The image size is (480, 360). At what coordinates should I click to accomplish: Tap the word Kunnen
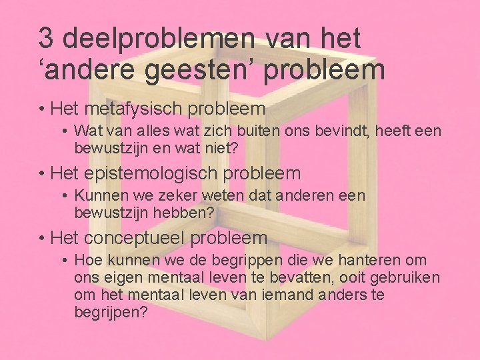pyautogui.click(x=101, y=196)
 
